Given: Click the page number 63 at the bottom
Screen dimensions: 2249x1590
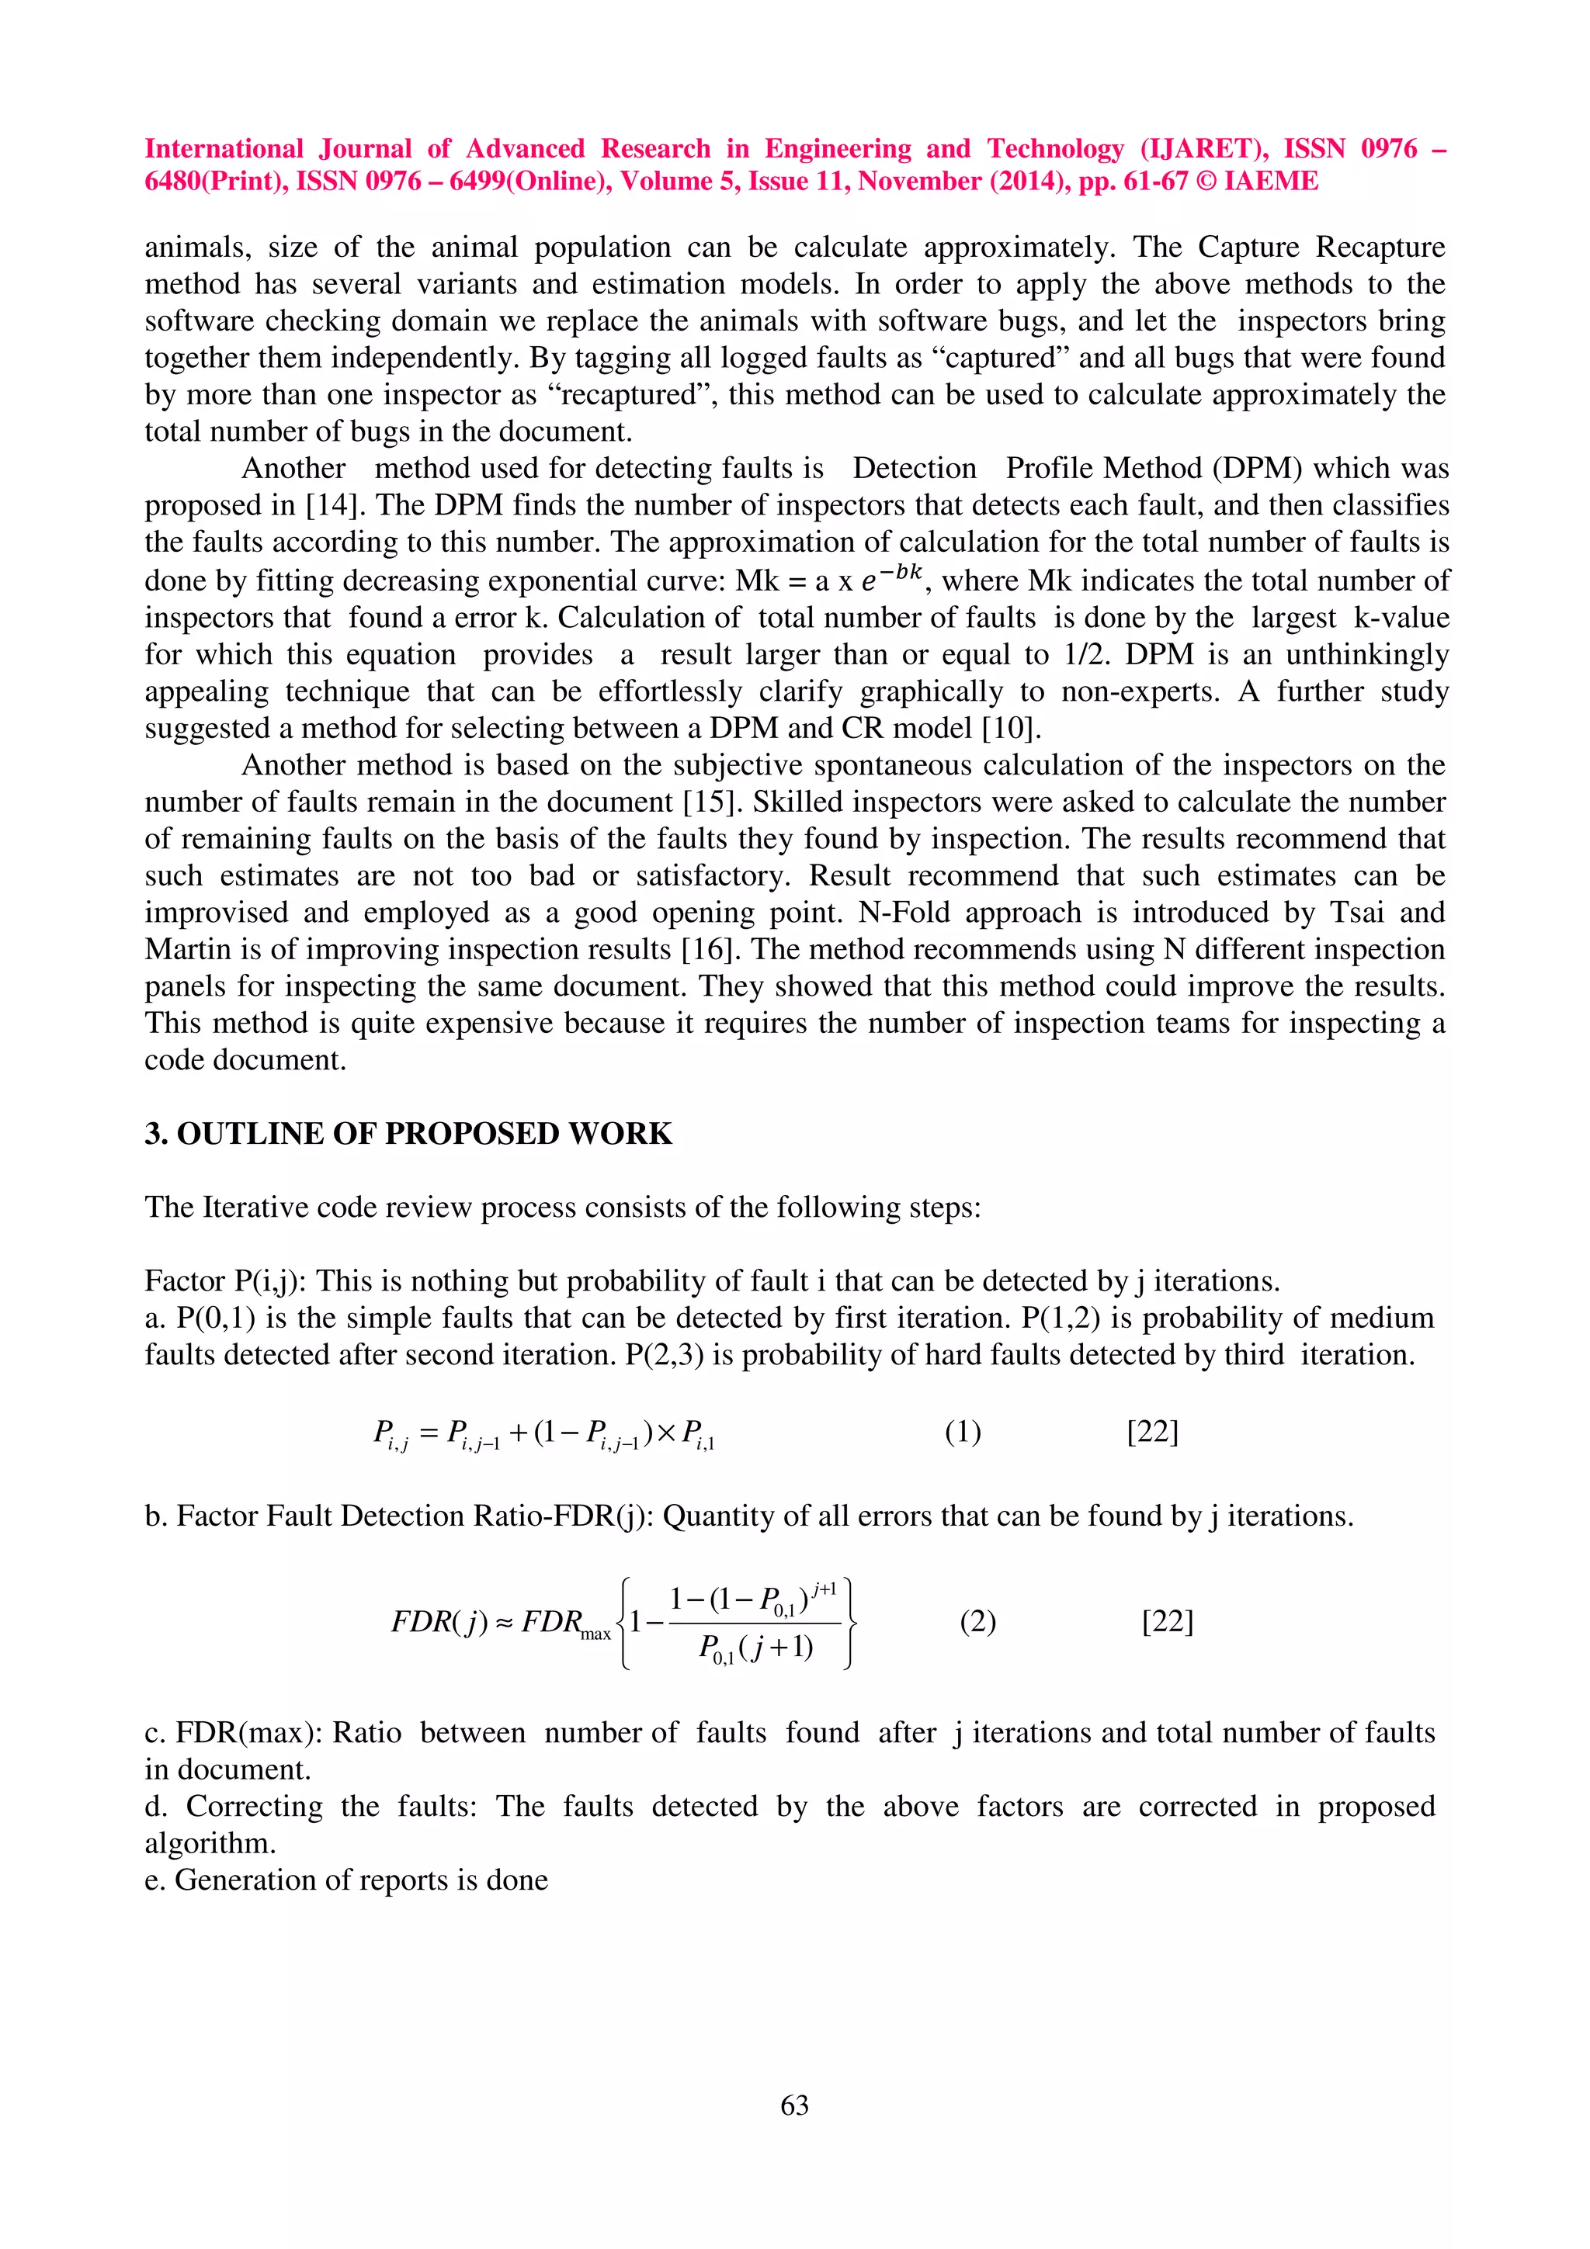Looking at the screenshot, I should (794, 2105).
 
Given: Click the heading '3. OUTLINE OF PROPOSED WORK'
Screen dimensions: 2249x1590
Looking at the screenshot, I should (408, 1133).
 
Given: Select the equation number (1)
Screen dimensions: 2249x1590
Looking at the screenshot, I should (962, 1432).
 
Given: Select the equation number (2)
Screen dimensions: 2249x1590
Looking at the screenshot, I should (977, 1622).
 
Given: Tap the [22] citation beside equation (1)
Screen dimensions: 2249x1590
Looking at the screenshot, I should (1152, 1432).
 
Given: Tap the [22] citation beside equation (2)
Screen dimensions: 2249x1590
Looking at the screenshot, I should (1168, 1622).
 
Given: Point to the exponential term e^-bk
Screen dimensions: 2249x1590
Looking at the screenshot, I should (891, 578).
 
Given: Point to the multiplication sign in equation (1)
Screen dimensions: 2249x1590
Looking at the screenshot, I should (666, 1433).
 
